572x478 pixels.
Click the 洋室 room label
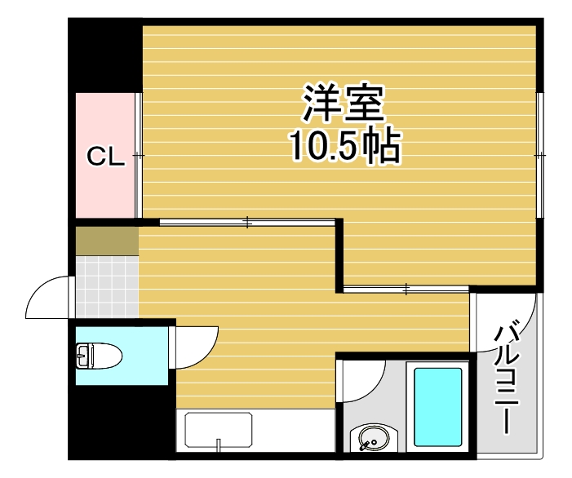click(343, 104)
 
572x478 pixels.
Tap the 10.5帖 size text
click(343, 147)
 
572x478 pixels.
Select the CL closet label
click(106, 157)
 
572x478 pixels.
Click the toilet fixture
click(98, 356)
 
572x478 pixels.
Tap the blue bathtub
click(438, 405)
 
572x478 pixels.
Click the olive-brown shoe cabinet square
click(107, 241)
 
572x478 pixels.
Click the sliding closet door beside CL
click(139, 155)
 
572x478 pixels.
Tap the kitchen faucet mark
click(219, 445)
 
